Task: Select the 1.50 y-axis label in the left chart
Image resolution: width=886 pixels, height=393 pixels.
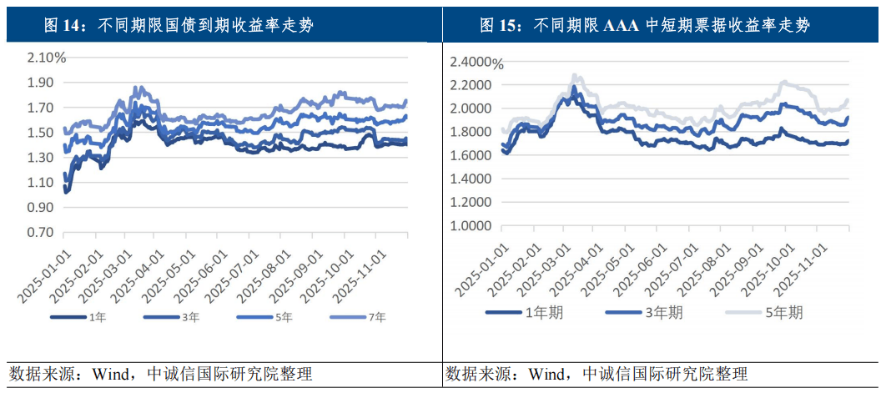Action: click(41, 132)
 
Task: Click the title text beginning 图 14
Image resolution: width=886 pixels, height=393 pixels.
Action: click(179, 25)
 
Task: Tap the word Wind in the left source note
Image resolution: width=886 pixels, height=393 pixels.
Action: click(106, 372)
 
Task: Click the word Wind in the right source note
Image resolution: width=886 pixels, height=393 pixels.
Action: click(547, 372)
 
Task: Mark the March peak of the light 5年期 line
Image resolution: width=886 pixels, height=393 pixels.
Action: click(575, 76)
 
